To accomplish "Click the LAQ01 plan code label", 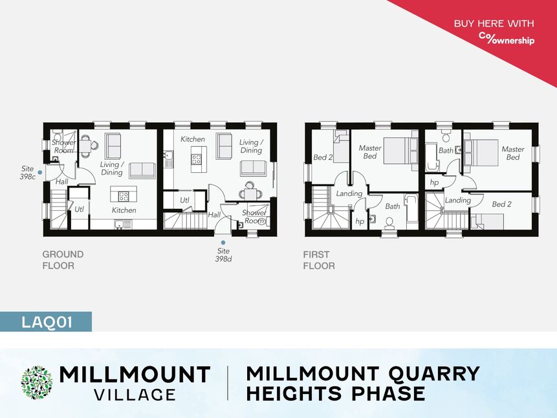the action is (47, 322).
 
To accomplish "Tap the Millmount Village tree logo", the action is (37, 382).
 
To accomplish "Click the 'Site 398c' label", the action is (27, 172).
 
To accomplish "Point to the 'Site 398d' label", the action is (223, 255).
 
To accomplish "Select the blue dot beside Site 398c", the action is (40, 172).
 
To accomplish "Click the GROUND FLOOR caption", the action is (63, 260).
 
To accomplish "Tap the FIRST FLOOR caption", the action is (319, 260).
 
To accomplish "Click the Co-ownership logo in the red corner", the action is (507, 38).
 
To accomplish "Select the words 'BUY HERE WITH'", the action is (494, 23).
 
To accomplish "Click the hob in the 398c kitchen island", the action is (124, 196).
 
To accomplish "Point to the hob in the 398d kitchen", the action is (196, 159).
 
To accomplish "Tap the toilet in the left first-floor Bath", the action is (389, 222).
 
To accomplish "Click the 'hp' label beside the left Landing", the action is (360, 221).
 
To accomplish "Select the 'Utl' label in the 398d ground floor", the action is (185, 200).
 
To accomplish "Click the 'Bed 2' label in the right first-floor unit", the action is (501, 204).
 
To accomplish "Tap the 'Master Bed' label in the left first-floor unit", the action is (370, 152).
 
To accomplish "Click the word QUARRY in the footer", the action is (433, 373).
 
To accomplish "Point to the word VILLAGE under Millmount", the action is (135, 394).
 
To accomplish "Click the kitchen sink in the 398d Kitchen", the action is (169, 159).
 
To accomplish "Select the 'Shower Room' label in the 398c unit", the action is (64, 146).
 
